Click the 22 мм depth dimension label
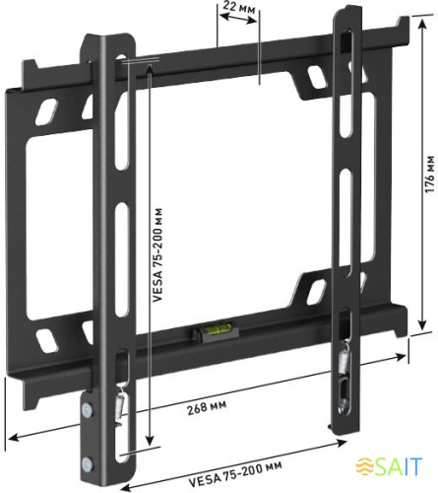coord(236,7)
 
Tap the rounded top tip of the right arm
coord(346,14)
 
